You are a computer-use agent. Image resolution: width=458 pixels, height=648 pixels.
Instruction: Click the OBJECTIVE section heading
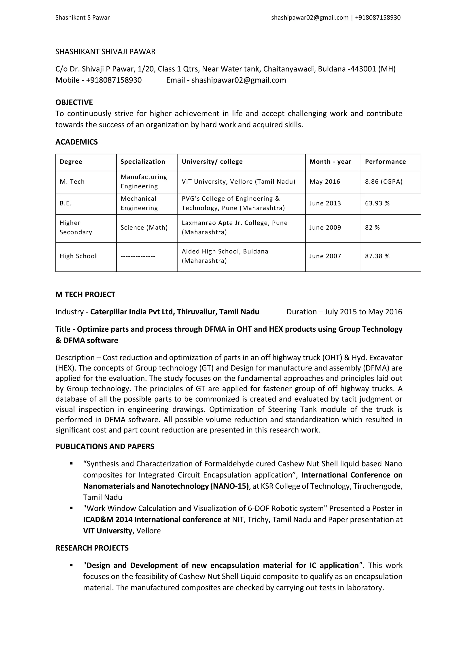(x=74, y=102)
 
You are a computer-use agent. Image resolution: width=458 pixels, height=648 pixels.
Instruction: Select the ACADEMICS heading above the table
(x=76, y=142)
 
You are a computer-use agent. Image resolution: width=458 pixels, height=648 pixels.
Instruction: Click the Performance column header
(x=385, y=162)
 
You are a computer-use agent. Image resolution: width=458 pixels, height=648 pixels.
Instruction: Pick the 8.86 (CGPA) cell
(x=384, y=182)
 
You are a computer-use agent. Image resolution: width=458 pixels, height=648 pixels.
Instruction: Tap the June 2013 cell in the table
(x=325, y=203)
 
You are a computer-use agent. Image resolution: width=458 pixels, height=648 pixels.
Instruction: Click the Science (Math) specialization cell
(x=144, y=228)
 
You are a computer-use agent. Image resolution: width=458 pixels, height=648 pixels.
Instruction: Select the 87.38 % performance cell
(x=377, y=256)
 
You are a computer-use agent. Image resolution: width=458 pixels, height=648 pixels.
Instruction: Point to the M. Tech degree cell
(x=72, y=182)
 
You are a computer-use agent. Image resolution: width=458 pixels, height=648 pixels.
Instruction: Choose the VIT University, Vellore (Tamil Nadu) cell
(x=238, y=182)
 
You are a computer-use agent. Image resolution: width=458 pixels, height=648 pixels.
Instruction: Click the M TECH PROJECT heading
(x=85, y=295)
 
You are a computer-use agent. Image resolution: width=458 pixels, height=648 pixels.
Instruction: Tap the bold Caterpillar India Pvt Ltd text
(x=131, y=312)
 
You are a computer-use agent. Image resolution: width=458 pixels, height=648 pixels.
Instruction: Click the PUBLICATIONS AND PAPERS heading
(x=105, y=446)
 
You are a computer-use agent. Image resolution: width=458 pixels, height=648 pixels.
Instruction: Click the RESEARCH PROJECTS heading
(x=92, y=548)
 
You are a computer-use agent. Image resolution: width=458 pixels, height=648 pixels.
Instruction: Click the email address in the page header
(x=310, y=18)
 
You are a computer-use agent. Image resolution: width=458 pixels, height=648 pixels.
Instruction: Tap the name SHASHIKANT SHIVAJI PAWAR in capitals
(x=105, y=52)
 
